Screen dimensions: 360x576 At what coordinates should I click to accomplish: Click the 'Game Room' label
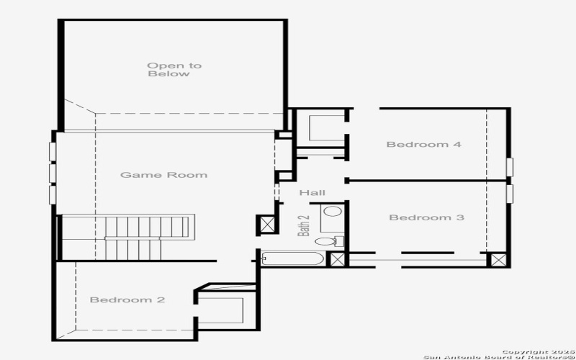[163, 175]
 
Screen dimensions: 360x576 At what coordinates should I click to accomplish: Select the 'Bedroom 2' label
[127, 300]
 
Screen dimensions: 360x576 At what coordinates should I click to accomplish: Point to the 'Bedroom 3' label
[426, 217]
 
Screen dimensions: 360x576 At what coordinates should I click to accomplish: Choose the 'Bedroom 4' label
[423, 145]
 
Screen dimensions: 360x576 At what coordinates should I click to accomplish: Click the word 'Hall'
[312, 193]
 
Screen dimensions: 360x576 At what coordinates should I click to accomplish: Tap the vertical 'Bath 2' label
[304, 225]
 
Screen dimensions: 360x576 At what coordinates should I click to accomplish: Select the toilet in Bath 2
[328, 240]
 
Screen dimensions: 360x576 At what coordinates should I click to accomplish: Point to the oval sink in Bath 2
[332, 212]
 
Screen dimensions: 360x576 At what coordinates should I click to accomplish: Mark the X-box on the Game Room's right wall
[266, 225]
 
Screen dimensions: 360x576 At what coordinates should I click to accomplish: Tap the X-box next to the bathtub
[336, 259]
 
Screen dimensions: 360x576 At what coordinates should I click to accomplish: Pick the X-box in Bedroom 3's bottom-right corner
[497, 259]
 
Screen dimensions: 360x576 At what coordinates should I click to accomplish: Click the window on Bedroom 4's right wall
[510, 166]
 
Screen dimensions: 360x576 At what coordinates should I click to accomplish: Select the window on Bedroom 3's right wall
[510, 194]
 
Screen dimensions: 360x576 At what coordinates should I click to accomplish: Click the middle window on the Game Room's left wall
[52, 174]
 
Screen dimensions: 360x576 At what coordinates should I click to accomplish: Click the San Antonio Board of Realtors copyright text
[496, 354]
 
